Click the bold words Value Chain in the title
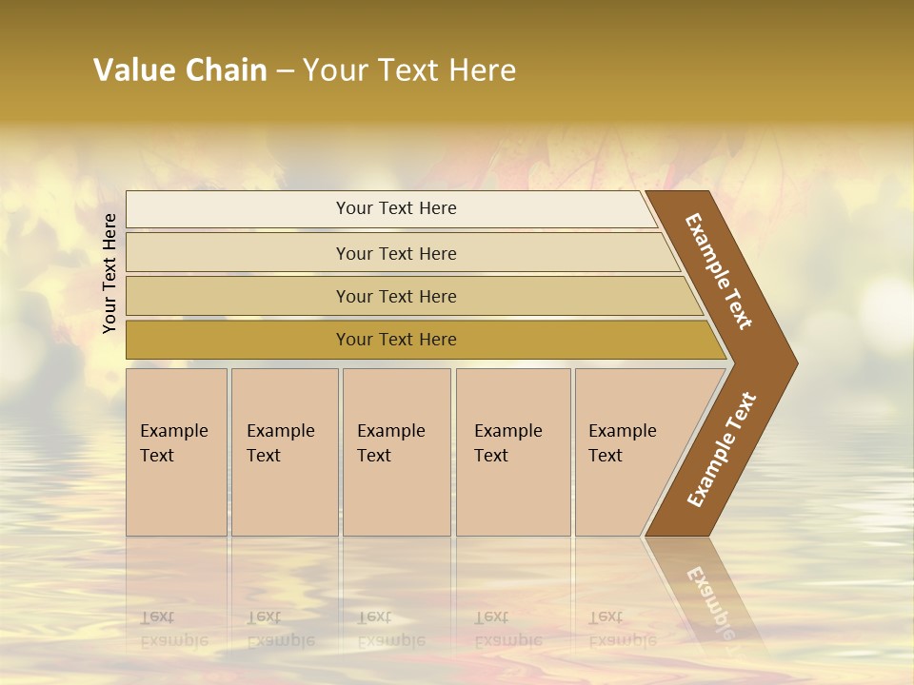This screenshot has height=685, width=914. (x=180, y=70)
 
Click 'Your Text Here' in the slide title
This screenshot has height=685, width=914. (x=409, y=70)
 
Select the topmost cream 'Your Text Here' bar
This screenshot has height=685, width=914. (x=395, y=208)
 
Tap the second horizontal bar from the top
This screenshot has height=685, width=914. (x=395, y=253)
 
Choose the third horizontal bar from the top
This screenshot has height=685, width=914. (x=395, y=296)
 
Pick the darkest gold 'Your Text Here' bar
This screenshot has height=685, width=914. (x=395, y=340)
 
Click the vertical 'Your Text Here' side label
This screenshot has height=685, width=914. (x=109, y=273)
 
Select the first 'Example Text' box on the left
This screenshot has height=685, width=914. (x=176, y=452)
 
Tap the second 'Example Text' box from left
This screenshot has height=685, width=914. (x=284, y=452)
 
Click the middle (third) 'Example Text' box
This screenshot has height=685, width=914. (x=396, y=452)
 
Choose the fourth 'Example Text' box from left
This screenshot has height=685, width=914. (x=513, y=452)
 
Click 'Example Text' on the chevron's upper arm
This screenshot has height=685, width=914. (x=719, y=270)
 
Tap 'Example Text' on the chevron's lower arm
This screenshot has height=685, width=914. (x=721, y=450)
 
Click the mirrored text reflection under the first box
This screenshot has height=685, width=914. (x=173, y=629)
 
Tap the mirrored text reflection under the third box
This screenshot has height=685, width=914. (x=390, y=629)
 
